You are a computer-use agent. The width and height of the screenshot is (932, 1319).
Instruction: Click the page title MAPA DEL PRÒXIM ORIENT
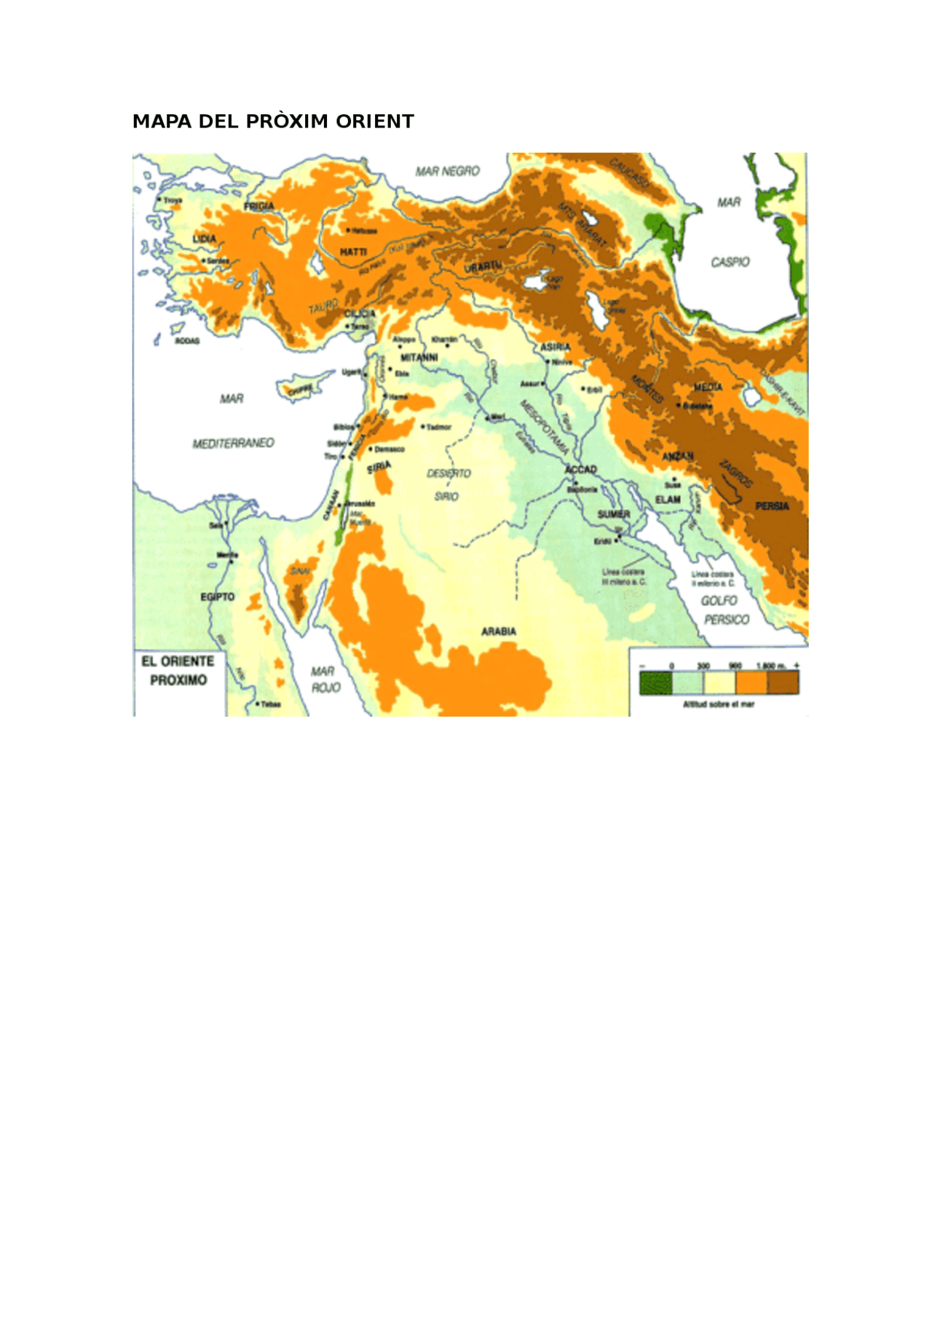273,122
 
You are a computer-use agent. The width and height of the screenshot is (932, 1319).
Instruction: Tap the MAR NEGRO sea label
447,171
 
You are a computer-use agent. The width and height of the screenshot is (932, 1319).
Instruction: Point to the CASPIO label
730,262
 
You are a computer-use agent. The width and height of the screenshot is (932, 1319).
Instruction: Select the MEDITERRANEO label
233,443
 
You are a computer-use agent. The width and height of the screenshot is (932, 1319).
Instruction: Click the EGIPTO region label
218,597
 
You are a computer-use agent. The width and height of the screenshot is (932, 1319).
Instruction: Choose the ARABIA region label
499,631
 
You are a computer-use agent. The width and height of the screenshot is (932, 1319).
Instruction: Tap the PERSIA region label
772,506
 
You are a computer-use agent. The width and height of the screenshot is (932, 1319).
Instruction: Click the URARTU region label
483,267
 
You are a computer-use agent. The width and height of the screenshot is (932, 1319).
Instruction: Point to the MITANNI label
419,358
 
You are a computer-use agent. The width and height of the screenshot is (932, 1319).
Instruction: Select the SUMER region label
613,514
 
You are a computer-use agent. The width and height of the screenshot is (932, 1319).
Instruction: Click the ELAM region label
668,500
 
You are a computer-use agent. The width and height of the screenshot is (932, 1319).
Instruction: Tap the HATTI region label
353,252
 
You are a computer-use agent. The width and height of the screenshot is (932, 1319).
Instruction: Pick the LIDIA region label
204,239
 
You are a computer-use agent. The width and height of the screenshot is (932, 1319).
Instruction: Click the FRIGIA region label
259,207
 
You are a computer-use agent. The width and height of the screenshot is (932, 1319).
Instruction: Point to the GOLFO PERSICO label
723,610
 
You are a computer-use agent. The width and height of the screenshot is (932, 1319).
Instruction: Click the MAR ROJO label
324,680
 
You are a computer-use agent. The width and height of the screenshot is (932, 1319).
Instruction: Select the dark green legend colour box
655,682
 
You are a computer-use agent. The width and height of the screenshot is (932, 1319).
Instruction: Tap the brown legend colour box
783,682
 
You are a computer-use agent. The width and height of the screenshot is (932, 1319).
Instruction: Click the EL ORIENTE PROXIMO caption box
178,672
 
